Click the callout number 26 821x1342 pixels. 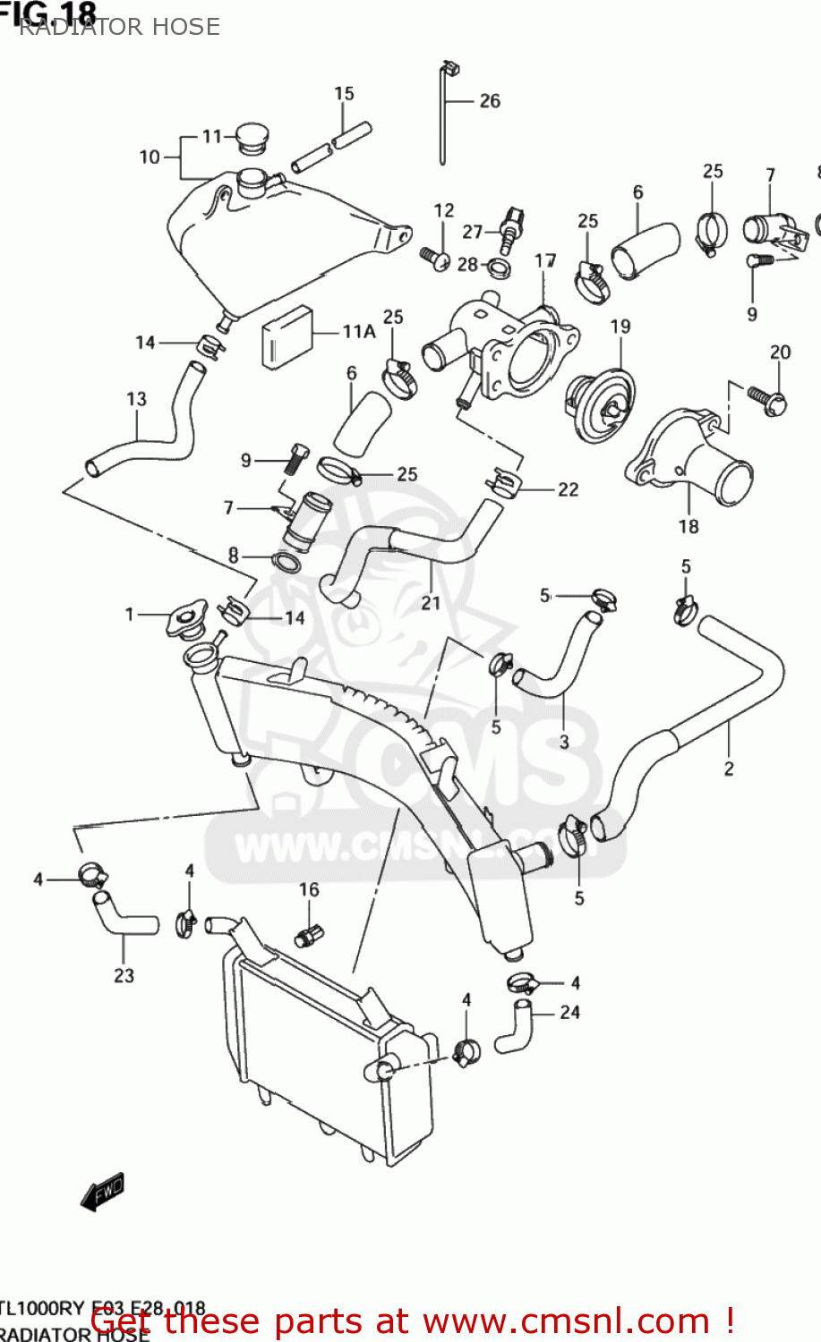489,101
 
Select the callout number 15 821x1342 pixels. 344,94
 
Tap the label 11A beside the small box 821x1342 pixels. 358,332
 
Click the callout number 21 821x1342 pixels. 431,603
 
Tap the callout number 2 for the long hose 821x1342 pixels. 728,769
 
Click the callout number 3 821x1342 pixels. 564,742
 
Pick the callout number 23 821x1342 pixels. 124,975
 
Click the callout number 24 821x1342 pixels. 569,1013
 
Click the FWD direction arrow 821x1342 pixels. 102,1192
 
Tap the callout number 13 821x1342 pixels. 136,399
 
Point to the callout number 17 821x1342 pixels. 545,260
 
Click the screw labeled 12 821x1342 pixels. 436,257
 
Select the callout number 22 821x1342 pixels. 568,489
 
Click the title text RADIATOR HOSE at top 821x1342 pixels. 118,27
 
